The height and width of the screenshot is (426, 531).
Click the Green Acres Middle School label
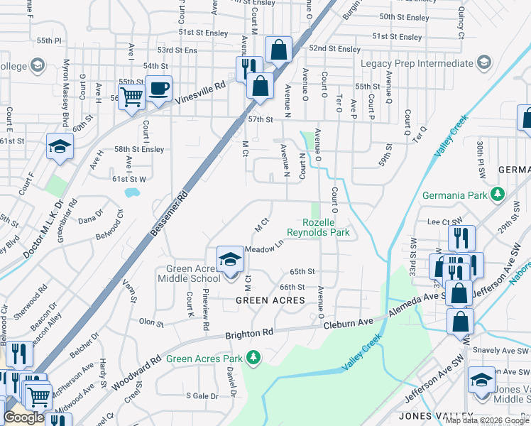click(x=193, y=273)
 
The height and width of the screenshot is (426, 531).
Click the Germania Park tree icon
click(x=498, y=194)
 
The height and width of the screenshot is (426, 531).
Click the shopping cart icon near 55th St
click(x=132, y=97)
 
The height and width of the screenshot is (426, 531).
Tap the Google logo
click(x=23, y=417)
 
